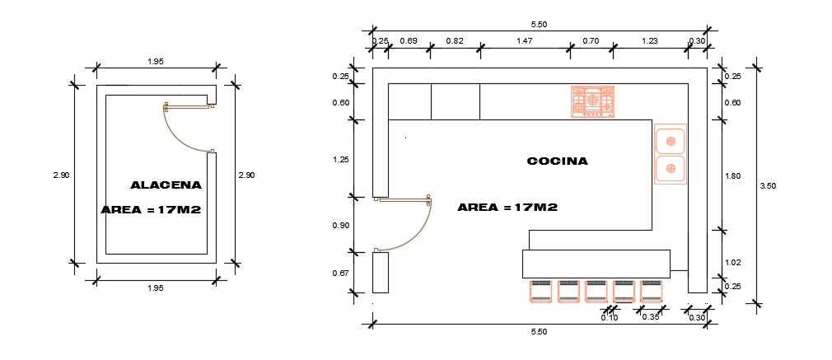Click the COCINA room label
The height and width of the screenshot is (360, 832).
(x=557, y=161)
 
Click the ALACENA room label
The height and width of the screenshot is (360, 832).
(x=166, y=185)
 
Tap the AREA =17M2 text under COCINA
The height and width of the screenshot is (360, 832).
(x=507, y=208)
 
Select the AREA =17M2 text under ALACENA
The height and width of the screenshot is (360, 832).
(x=152, y=210)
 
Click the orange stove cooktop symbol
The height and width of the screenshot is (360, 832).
(x=593, y=101)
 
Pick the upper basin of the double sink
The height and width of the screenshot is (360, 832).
(x=671, y=141)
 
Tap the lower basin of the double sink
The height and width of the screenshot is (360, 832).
(x=671, y=169)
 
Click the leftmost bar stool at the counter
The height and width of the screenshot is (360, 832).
(x=541, y=291)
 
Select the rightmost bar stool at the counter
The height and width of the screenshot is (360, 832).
(x=651, y=291)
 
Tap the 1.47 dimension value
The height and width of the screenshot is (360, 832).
(x=524, y=40)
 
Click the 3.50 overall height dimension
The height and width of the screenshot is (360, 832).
(x=768, y=186)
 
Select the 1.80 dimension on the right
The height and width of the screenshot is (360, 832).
(x=732, y=176)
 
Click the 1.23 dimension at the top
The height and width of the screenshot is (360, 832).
(x=649, y=40)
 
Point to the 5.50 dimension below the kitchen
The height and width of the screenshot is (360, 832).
(x=539, y=331)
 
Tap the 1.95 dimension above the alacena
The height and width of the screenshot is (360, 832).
(x=154, y=62)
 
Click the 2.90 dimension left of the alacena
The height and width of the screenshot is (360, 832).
(x=60, y=175)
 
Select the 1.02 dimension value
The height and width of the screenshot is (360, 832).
(x=732, y=262)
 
